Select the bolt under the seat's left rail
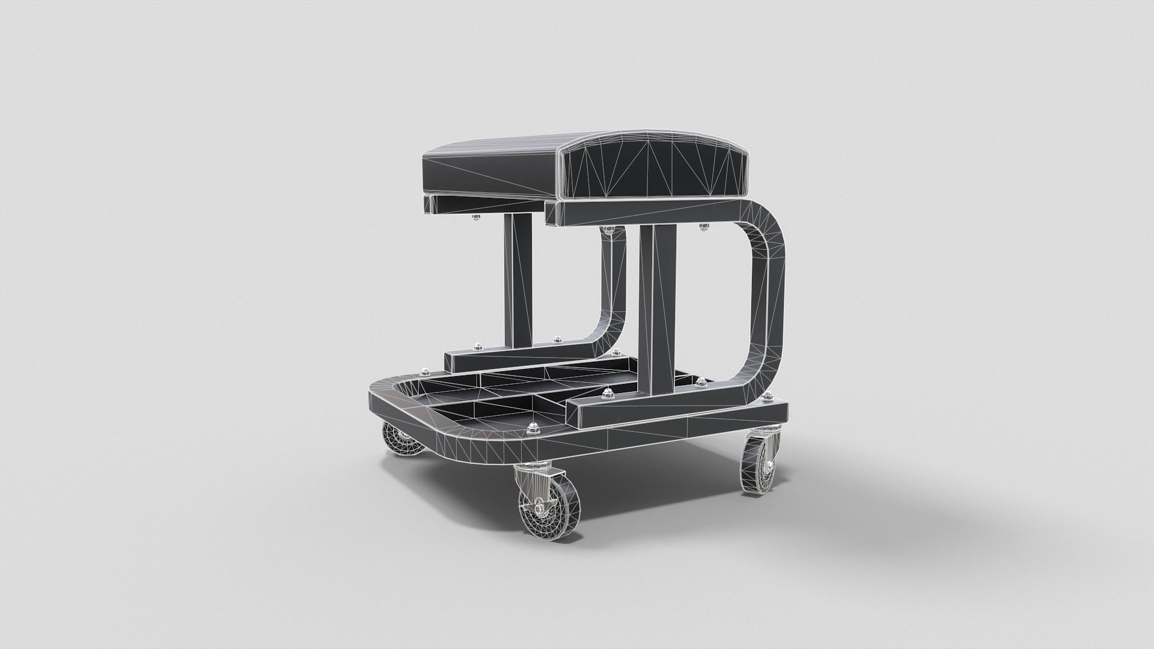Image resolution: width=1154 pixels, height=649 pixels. pyautogui.click(x=476, y=218)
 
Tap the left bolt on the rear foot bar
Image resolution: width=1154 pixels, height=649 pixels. pyautogui.click(x=479, y=346)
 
